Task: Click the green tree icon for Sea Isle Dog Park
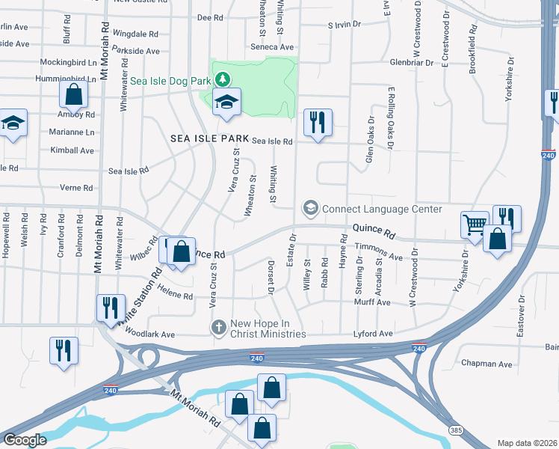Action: pyautogui.click(x=222, y=78)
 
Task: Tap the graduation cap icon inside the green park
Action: pyautogui.click(x=226, y=103)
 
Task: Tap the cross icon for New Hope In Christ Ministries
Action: pyautogui.click(x=219, y=327)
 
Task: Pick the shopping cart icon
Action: pyautogui.click(x=474, y=224)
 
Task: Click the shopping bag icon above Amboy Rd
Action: pyautogui.click(x=73, y=94)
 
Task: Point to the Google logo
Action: pyautogui.click(x=25, y=440)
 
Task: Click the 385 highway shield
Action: pyautogui.click(x=456, y=430)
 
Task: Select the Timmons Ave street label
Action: pyautogui.click(x=379, y=257)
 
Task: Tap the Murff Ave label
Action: pyautogui.click(x=372, y=302)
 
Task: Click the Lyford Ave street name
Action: pyautogui.click(x=373, y=333)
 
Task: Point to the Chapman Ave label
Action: pyautogui.click(x=487, y=364)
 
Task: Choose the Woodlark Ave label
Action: pyautogui.click(x=149, y=334)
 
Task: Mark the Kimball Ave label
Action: pyautogui.click(x=75, y=150)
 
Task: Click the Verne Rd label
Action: pyautogui.click(x=77, y=188)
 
